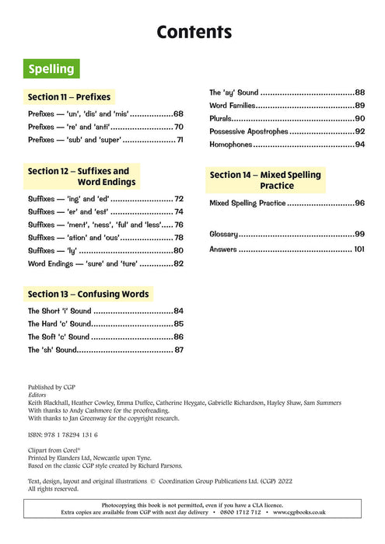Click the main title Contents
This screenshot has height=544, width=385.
[194, 32]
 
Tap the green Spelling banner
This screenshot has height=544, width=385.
[51, 69]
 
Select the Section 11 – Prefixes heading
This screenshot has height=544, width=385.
[69, 97]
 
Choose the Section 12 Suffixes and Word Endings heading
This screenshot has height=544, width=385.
[79, 176]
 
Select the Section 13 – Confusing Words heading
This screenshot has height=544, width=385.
[88, 295]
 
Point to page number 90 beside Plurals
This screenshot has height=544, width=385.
[360, 119]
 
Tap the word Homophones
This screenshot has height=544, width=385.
[231, 145]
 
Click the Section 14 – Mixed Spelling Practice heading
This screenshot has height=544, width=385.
[265, 180]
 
